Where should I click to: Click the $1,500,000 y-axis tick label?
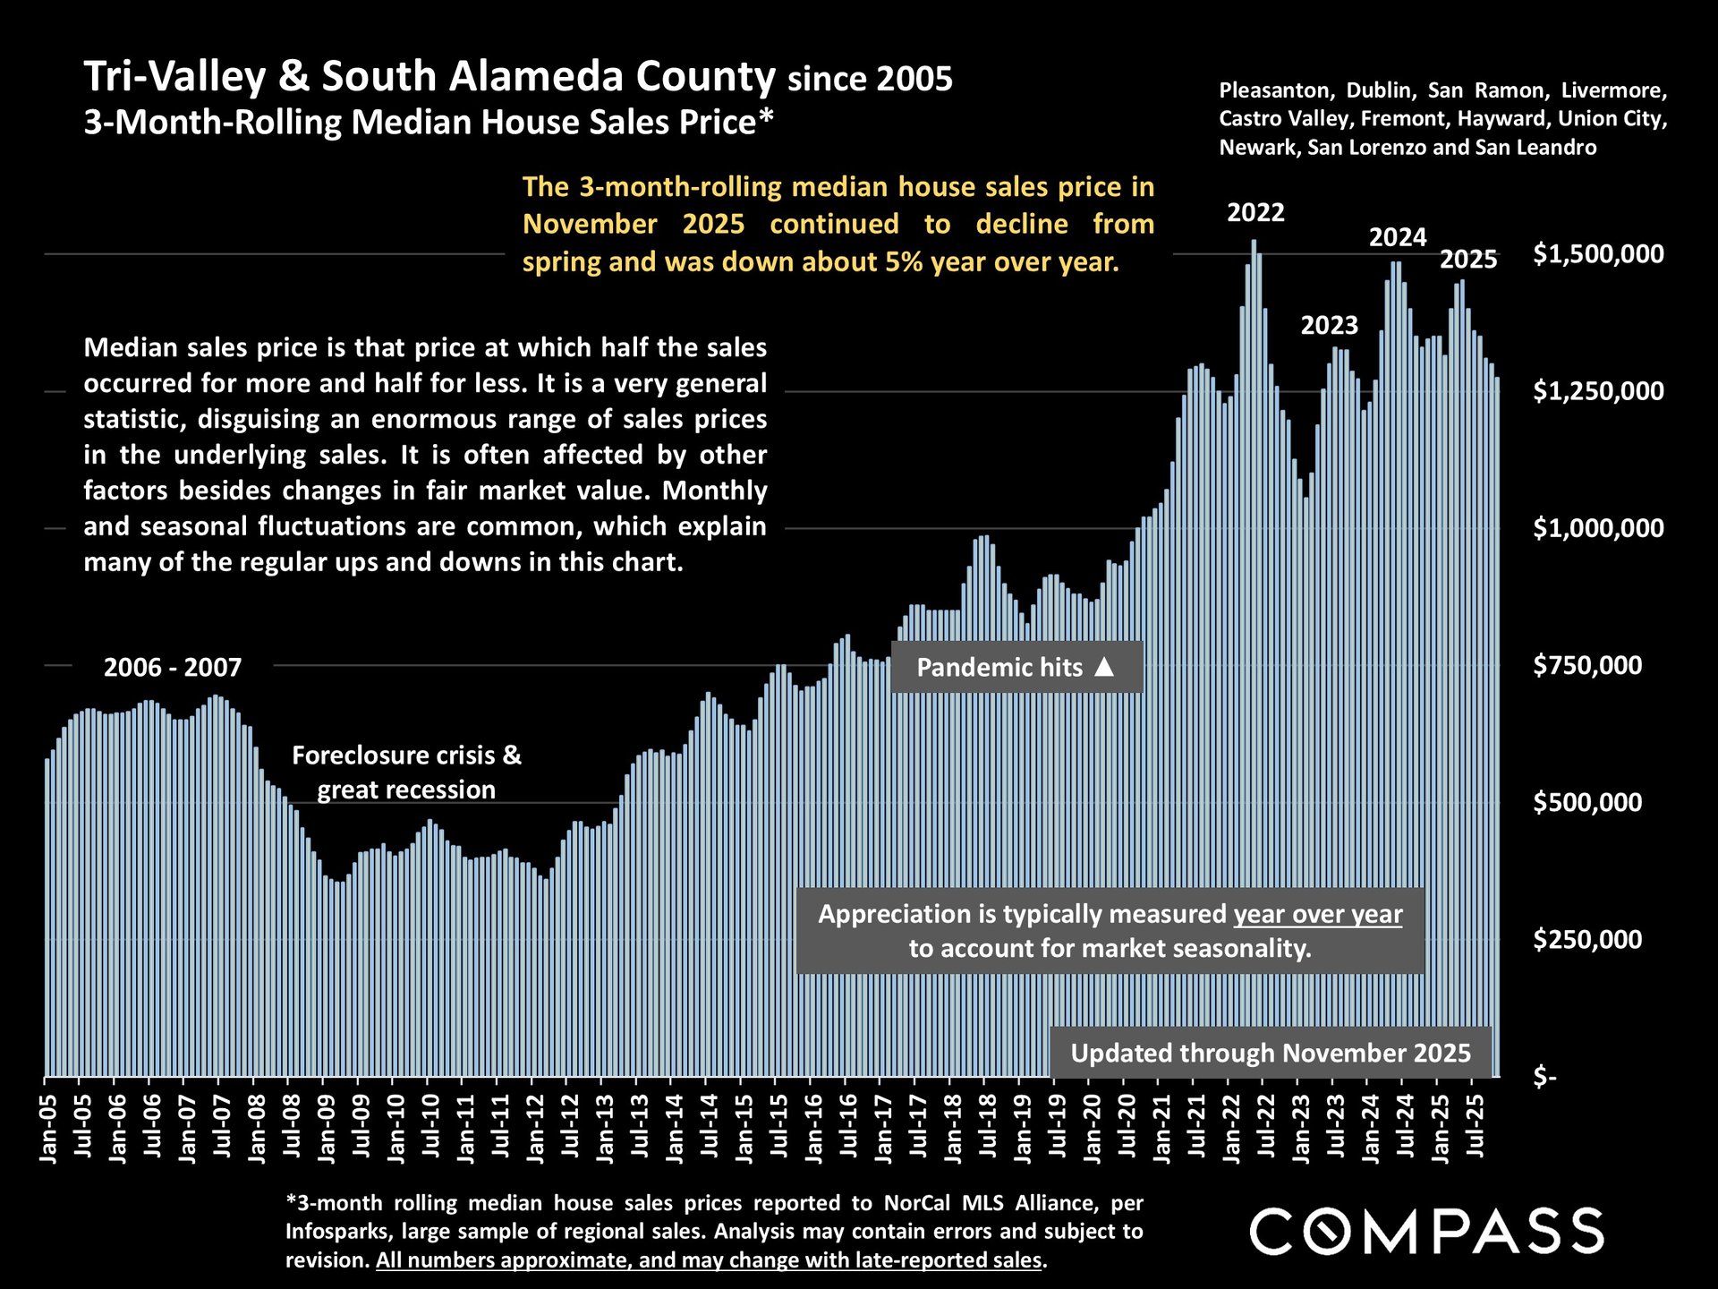[x=1598, y=254]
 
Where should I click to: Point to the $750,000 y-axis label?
[x=1587, y=665]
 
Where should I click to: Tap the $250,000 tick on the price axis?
[x=1587, y=939]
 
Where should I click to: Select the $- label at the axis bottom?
[x=1545, y=1076]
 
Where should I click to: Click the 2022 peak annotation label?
[x=1255, y=213]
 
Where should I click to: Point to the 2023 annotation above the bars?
[x=1329, y=326]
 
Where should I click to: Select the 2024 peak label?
[x=1398, y=238]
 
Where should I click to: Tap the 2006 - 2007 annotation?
[x=173, y=668]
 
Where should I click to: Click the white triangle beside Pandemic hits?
[x=1105, y=667]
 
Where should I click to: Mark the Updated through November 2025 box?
[x=1270, y=1053]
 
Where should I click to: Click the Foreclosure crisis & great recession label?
[x=406, y=773]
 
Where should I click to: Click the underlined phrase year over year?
[x=1317, y=914]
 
